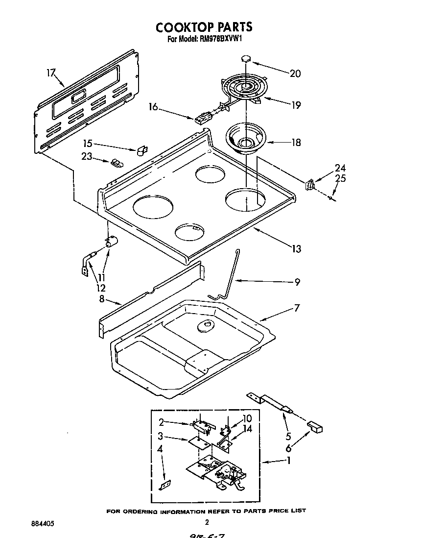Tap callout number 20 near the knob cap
295,74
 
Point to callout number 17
50,73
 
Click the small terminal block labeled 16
201,119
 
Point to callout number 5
288,435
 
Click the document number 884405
42,523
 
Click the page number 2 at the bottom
207,522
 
